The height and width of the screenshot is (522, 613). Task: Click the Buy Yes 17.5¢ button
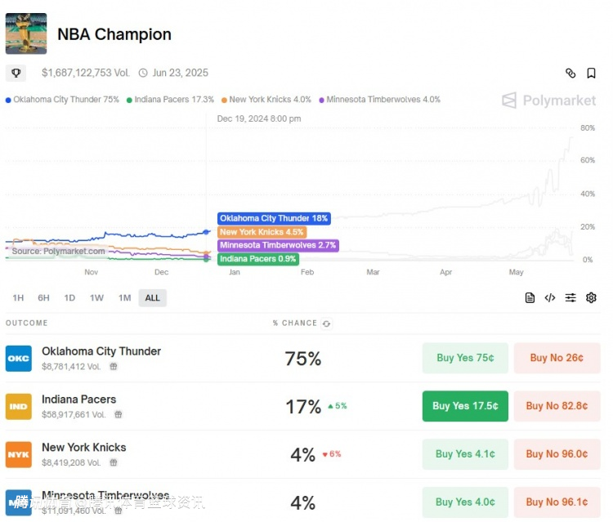click(x=464, y=406)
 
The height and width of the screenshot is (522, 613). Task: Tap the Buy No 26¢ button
click(x=557, y=358)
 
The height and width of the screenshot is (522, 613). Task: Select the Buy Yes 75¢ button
click(x=464, y=358)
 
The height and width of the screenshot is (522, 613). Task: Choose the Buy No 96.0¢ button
click(x=557, y=454)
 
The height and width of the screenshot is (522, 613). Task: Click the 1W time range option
click(x=96, y=298)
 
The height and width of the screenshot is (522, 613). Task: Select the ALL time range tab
click(x=152, y=298)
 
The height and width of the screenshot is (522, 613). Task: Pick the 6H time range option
click(x=43, y=298)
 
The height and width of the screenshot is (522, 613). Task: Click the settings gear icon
click(x=591, y=298)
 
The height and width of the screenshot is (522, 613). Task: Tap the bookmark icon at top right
click(x=591, y=74)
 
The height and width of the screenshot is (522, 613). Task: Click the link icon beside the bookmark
click(x=570, y=74)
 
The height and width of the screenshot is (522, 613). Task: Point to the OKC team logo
click(x=19, y=359)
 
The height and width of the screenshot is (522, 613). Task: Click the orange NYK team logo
click(x=19, y=454)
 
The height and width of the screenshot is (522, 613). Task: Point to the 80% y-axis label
click(x=587, y=128)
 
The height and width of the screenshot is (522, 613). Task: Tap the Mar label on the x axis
click(x=373, y=272)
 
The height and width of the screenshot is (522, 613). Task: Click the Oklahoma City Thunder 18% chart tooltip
click(x=273, y=219)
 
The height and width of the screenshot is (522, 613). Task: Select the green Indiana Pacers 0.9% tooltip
click(x=257, y=259)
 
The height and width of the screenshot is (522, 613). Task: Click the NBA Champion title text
click(x=114, y=34)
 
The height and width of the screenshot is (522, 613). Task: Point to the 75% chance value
click(x=302, y=359)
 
